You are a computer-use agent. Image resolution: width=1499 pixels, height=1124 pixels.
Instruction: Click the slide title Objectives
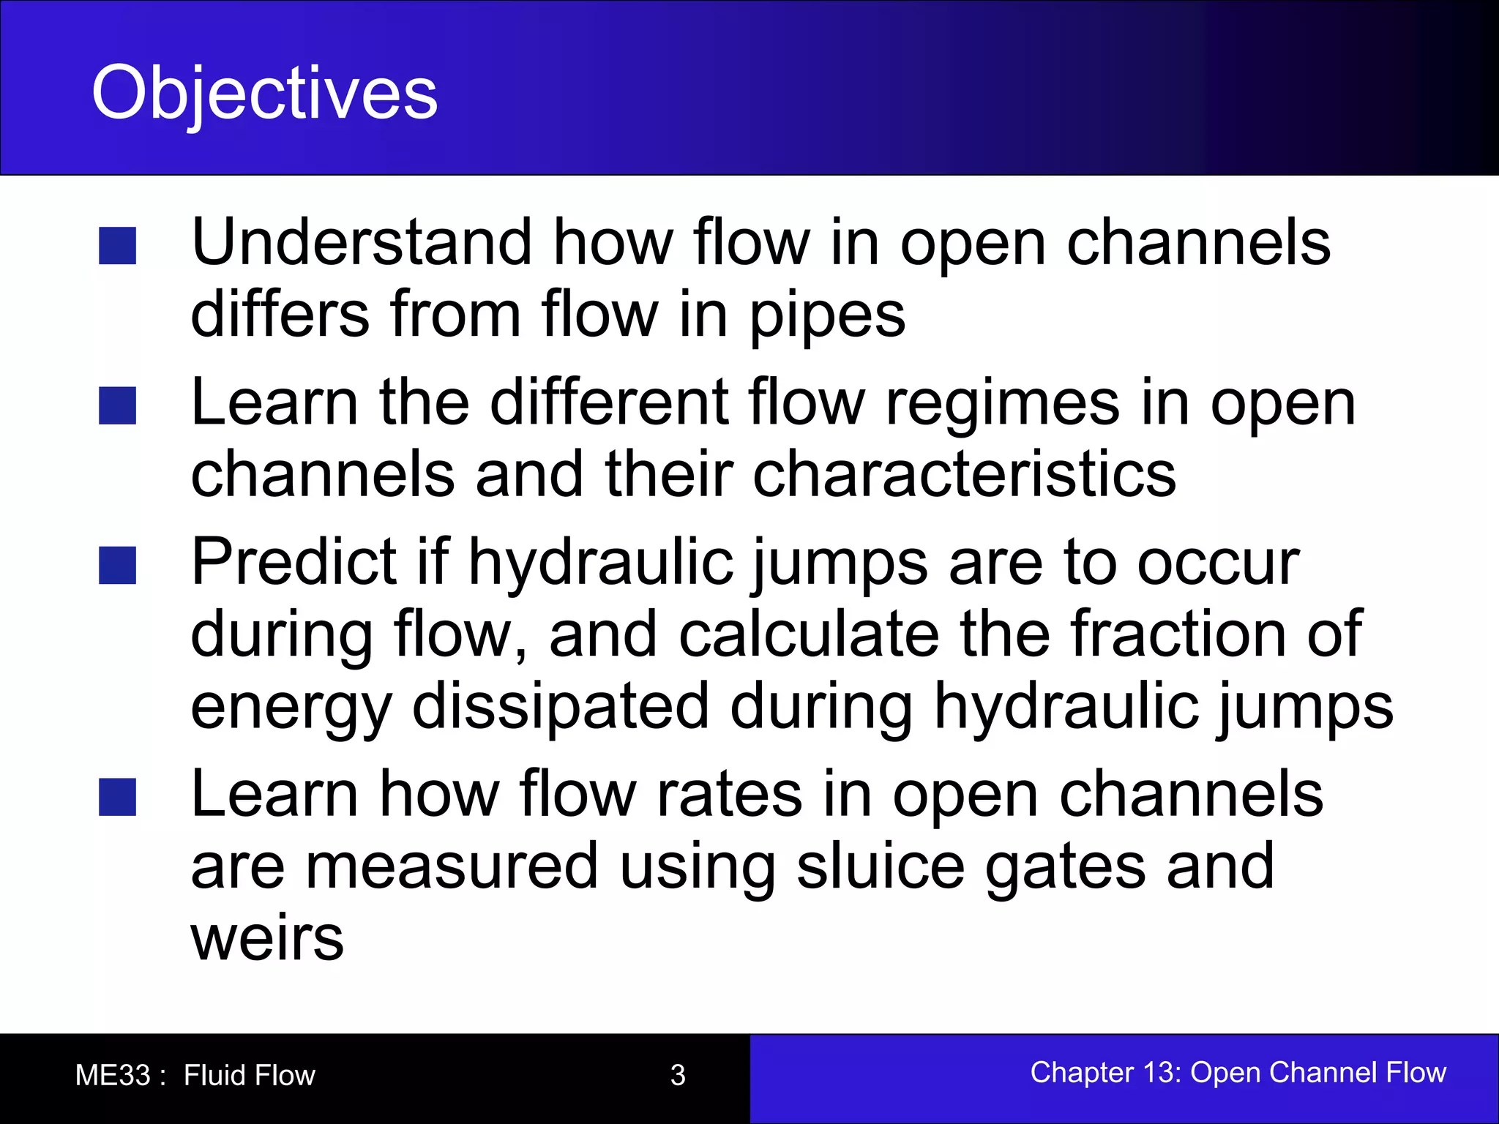point(264,93)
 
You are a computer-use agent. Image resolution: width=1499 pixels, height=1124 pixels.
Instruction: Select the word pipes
point(827,316)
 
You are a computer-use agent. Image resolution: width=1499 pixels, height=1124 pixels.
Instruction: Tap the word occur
point(1218,563)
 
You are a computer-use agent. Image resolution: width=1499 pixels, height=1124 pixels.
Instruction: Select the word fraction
point(1178,634)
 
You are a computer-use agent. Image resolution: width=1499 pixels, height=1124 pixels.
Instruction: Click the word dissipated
point(561,706)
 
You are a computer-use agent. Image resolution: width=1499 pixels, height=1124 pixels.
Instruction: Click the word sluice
point(881,867)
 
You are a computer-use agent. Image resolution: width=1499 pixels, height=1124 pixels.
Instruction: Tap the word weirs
point(267,938)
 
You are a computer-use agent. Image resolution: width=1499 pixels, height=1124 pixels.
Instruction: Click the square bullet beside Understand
point(118,246)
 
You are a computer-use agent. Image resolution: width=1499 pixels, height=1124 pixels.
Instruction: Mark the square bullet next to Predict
point(118,566)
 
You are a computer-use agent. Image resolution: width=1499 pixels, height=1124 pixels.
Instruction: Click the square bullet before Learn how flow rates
point(118,798)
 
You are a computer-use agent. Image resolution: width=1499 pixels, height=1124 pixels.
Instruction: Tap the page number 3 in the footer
point(678,1075)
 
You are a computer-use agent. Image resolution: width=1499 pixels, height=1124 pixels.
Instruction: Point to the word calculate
point(809,634)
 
